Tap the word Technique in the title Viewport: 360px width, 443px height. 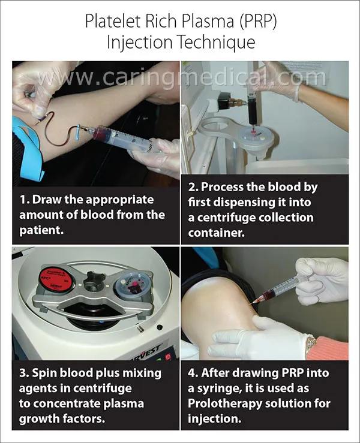(217, 43)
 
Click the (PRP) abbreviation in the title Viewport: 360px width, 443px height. (257, 22)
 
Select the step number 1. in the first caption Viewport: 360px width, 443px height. (25, 200)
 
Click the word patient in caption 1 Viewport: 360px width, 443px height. (40, 230)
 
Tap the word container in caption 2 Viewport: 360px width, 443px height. (216, 233)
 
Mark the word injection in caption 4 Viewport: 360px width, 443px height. (214, 418)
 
